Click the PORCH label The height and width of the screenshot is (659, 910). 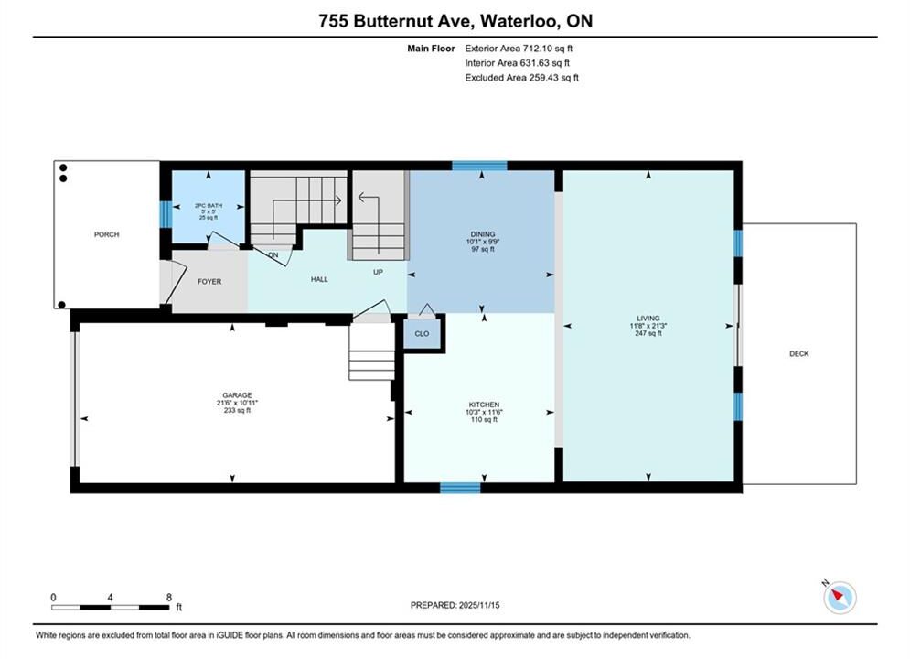click(107, 234)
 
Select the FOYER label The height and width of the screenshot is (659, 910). click(209, 282)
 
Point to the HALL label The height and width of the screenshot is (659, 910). click(319, 279)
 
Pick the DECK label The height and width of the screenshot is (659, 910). click(799, 353)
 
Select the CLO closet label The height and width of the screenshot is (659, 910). click(422, 334)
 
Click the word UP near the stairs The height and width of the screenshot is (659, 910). click(378, 272)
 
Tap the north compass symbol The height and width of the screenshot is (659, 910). click(840, 597)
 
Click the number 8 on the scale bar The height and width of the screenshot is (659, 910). click(169, 597)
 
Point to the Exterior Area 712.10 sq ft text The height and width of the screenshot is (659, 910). click(519, 49)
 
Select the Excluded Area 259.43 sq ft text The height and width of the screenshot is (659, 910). click(521, 78)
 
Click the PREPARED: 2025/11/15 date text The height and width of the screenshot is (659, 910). click(455, 605)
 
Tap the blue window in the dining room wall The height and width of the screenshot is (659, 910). click(479, 166)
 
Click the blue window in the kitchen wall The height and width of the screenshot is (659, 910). click(460, 488)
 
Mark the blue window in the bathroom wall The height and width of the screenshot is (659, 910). click(166, 214)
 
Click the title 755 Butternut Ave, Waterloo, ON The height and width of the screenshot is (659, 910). click(455, 21)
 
